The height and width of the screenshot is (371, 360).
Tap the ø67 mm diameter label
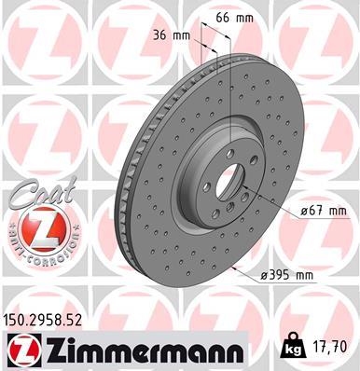(316, 213)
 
